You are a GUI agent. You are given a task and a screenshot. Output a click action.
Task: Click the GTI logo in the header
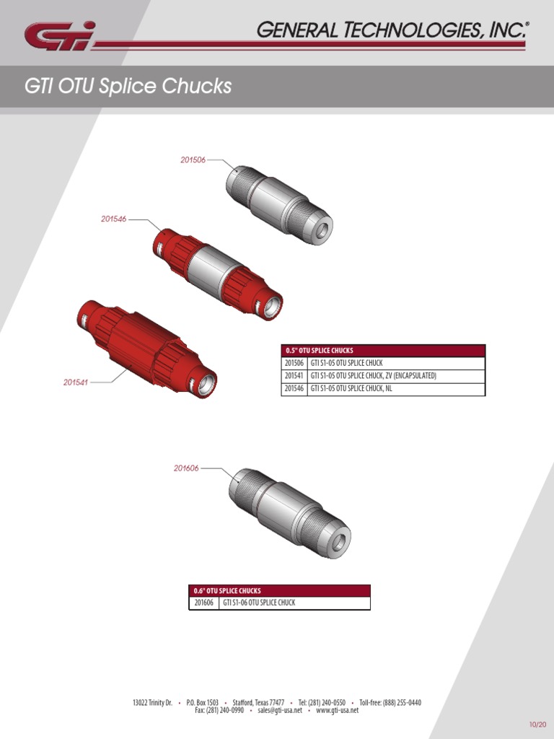click(59, 36)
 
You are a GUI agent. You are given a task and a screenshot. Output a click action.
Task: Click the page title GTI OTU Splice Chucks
click(128, 87)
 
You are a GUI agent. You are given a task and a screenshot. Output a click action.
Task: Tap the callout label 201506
click(193, 159)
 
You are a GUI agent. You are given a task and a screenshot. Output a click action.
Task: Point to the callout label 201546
click(113, 219)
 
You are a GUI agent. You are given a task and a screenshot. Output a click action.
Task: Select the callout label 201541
click(75, 382)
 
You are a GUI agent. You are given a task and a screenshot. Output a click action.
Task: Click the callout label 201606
click(186, 468)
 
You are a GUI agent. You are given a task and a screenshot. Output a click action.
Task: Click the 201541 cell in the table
click(294, 376)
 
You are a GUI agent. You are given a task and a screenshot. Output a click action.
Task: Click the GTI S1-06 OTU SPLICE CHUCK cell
click(259, 603)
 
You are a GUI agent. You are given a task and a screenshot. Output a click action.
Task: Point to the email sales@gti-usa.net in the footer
click(277, 710)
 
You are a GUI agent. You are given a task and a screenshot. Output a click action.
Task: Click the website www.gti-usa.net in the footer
click(337, 710)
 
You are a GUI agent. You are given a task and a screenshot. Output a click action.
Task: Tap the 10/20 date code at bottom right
click(537, 724)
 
